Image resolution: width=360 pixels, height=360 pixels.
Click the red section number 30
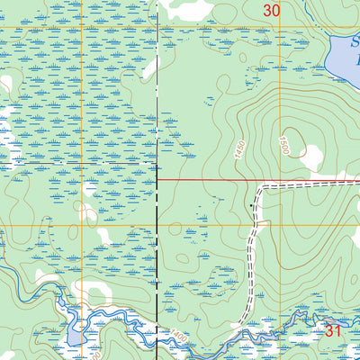tap(272, 10)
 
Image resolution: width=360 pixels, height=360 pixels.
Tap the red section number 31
tap(334, 331)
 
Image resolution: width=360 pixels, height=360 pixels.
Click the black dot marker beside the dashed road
tap(251, 206)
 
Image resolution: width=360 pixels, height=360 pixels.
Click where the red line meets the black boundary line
tap(158, 180)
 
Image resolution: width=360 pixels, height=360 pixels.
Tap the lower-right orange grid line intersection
tap(280, 225)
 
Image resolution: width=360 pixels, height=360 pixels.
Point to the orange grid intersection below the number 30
tap(280, 28)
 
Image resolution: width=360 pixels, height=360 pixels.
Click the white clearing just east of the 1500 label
tap(311, 158)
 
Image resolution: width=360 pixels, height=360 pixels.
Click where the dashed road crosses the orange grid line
tap(251, 225)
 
